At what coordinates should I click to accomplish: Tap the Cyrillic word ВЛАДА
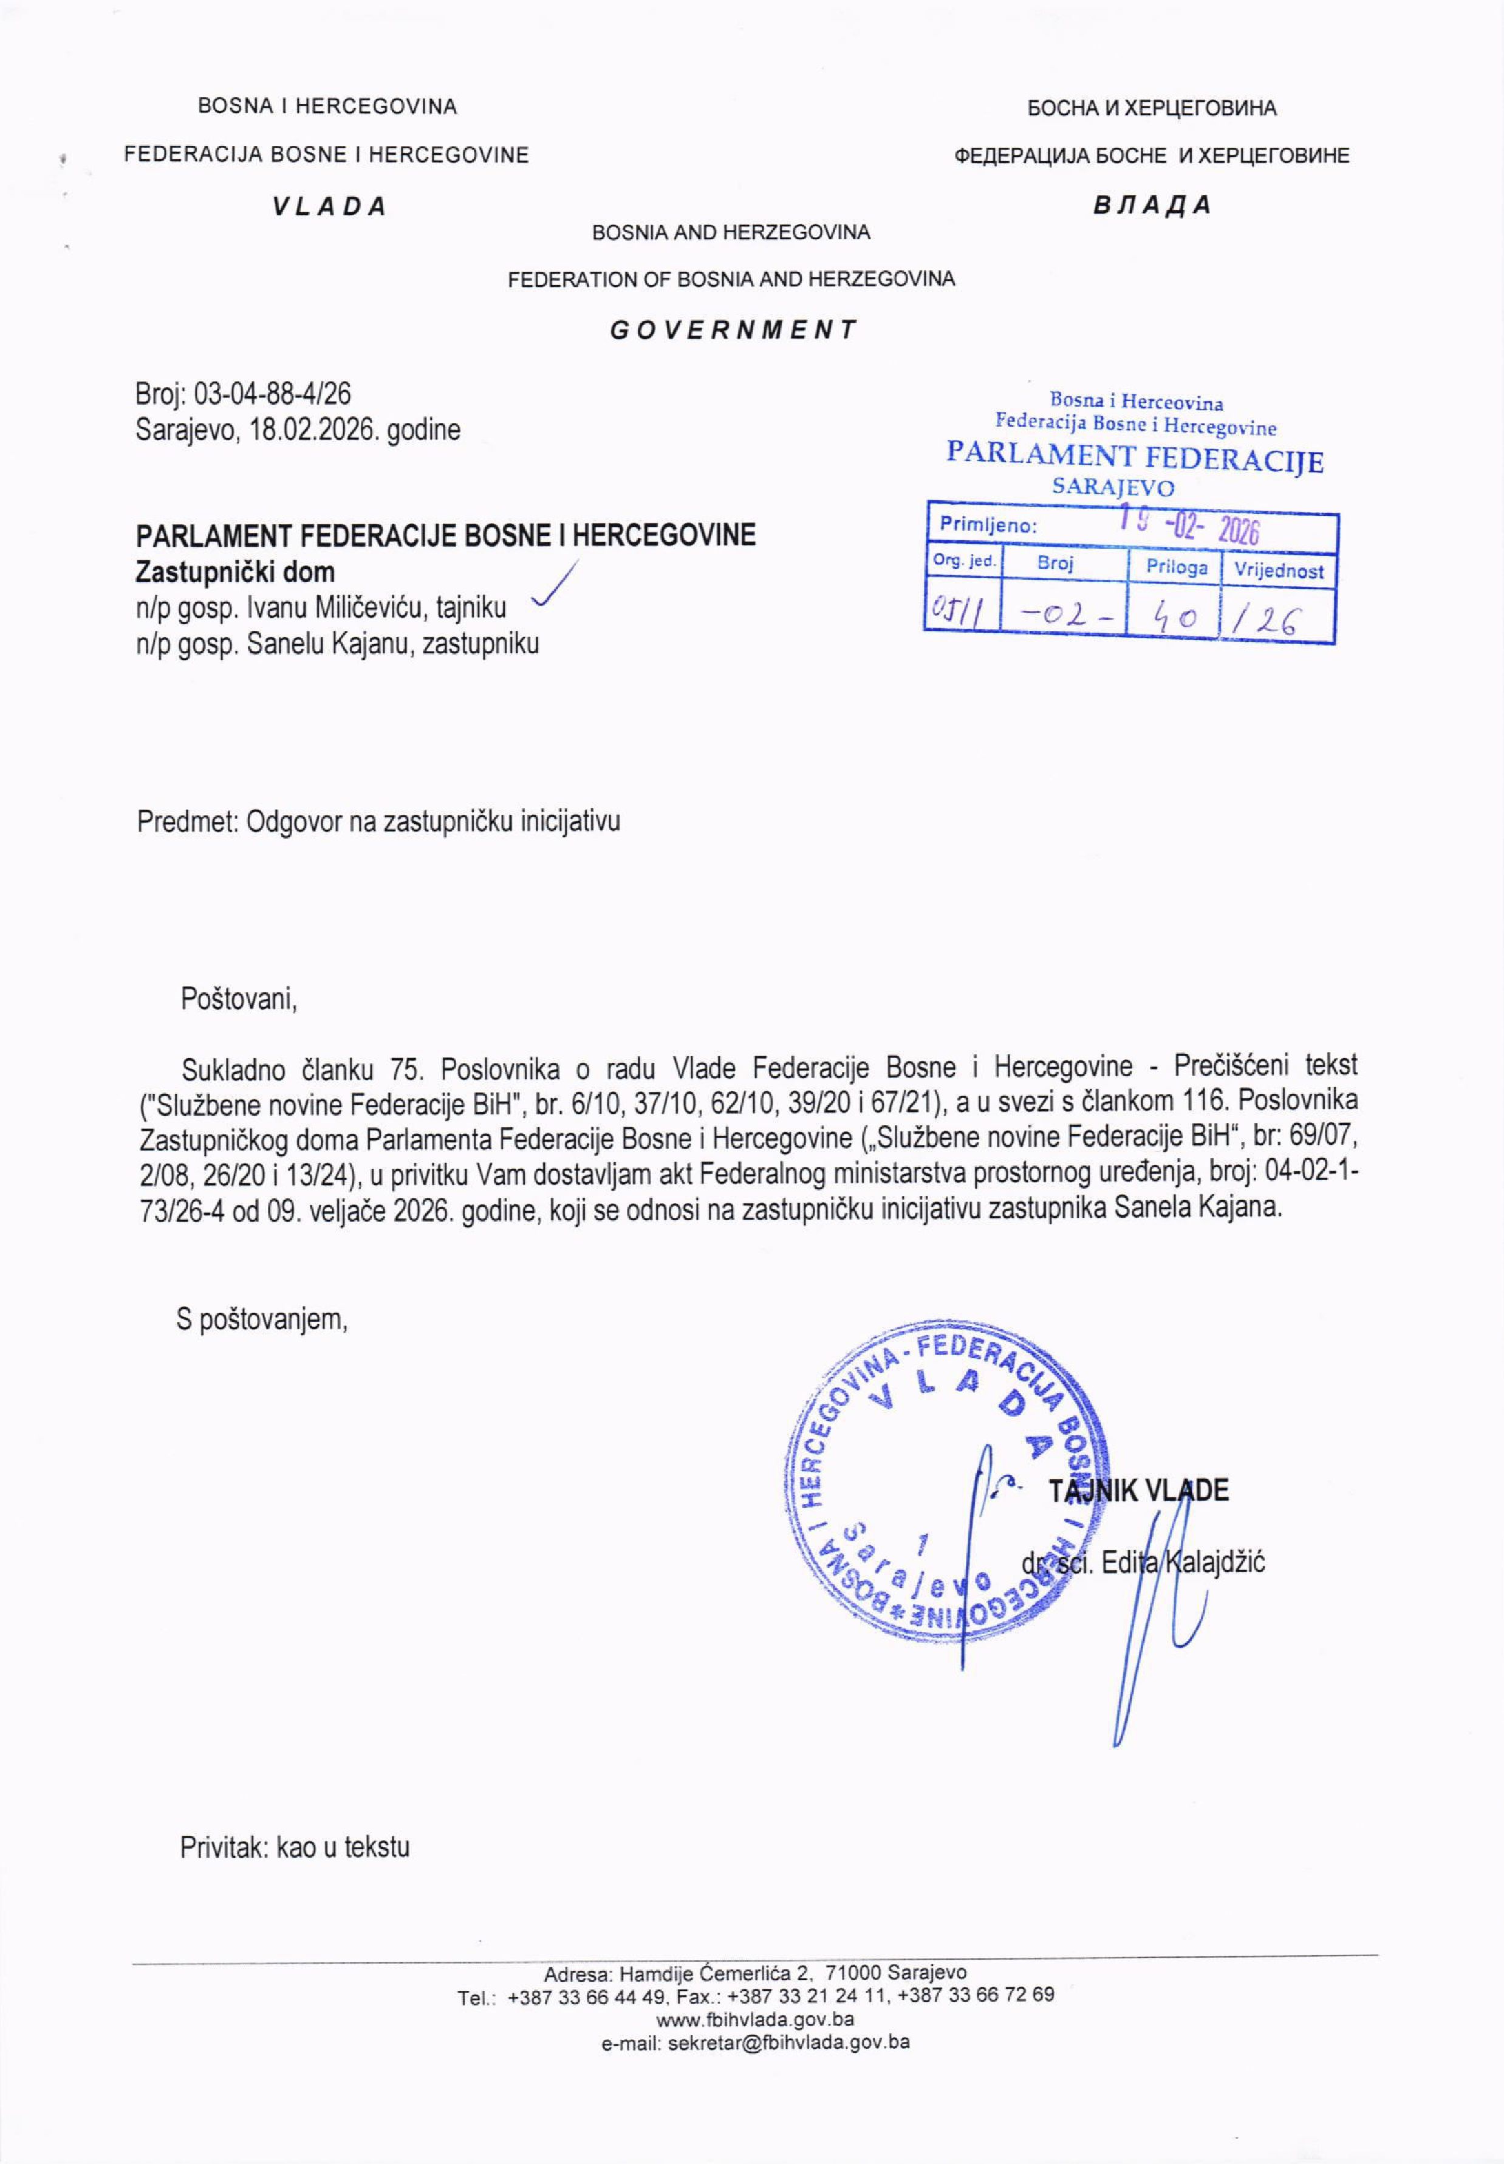tap(1152, 205)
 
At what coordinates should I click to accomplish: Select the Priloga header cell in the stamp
tap(1176, 568)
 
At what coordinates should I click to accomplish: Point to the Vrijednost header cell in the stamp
tap(1278, 570)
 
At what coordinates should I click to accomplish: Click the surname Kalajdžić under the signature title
tap(1215, 1562)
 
